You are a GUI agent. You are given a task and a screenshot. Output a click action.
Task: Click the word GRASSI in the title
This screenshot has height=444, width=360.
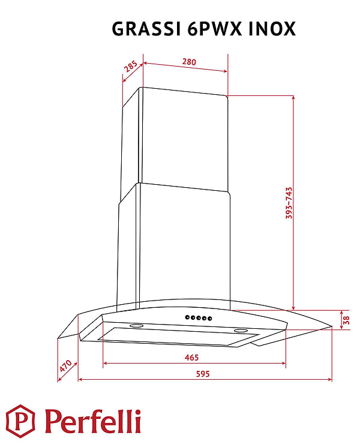[x=146, y=29]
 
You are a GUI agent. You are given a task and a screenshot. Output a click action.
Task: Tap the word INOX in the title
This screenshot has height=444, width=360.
[x=272, y=29]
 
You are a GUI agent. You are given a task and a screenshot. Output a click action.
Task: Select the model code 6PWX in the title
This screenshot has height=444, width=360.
[x=214, y=29]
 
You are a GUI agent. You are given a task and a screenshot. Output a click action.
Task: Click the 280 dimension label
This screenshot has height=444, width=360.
[x=189, y=61]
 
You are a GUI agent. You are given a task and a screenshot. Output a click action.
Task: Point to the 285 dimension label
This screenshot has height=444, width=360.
[x=131, y=67]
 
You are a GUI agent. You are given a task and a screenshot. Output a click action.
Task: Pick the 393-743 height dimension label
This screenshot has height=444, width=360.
[x=289, y=203]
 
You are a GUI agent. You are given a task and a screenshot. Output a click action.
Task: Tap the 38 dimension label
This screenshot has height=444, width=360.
[x=346, y=320]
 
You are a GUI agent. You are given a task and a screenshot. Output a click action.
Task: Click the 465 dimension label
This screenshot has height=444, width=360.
[x=192, y=358]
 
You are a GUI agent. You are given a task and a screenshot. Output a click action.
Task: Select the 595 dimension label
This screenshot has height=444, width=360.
[x=203, y=374]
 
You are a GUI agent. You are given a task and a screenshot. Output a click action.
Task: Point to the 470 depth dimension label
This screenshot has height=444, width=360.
[x=65, y=366]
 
